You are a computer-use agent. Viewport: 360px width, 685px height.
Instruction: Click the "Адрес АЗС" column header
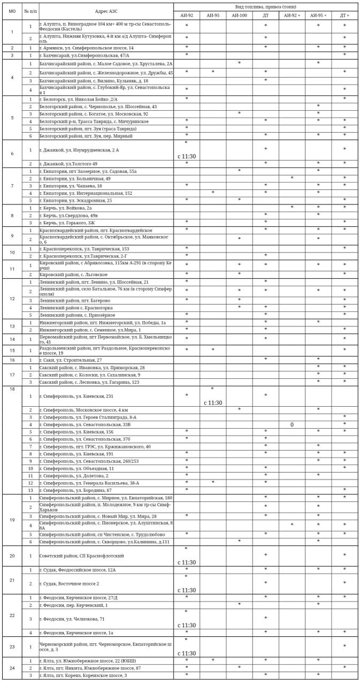[106, 11]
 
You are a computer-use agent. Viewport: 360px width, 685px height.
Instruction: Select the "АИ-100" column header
[239, 16]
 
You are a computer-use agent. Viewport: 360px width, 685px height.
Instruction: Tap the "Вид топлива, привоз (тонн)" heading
[265, 6]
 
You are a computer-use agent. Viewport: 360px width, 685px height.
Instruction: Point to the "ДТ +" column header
[344, 16]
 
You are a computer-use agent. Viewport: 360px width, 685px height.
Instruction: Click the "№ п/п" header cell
[30, 11]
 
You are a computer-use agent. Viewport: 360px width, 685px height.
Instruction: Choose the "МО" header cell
[12, 11]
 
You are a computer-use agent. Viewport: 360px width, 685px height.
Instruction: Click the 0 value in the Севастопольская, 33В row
[292, 424]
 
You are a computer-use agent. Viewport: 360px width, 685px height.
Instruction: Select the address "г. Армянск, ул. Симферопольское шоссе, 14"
[87, 48]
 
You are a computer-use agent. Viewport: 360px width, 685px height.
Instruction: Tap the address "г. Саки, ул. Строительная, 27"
[71, 360]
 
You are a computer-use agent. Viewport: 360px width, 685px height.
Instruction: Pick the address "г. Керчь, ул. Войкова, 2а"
[66, 208]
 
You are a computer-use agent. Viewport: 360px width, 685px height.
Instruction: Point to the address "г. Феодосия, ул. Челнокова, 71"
[72, 619]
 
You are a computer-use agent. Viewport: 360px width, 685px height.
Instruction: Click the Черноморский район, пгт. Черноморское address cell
[106, 647]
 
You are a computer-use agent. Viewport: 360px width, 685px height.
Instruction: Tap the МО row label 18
[12, 389]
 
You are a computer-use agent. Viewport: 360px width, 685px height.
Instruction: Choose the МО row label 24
[12, 668]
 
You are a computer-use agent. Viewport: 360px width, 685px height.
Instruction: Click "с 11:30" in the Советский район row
[186, 562]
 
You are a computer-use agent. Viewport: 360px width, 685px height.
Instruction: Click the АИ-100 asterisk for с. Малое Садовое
[239, 63]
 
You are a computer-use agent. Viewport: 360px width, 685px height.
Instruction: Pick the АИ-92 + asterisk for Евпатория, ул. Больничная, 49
[292, 178]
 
